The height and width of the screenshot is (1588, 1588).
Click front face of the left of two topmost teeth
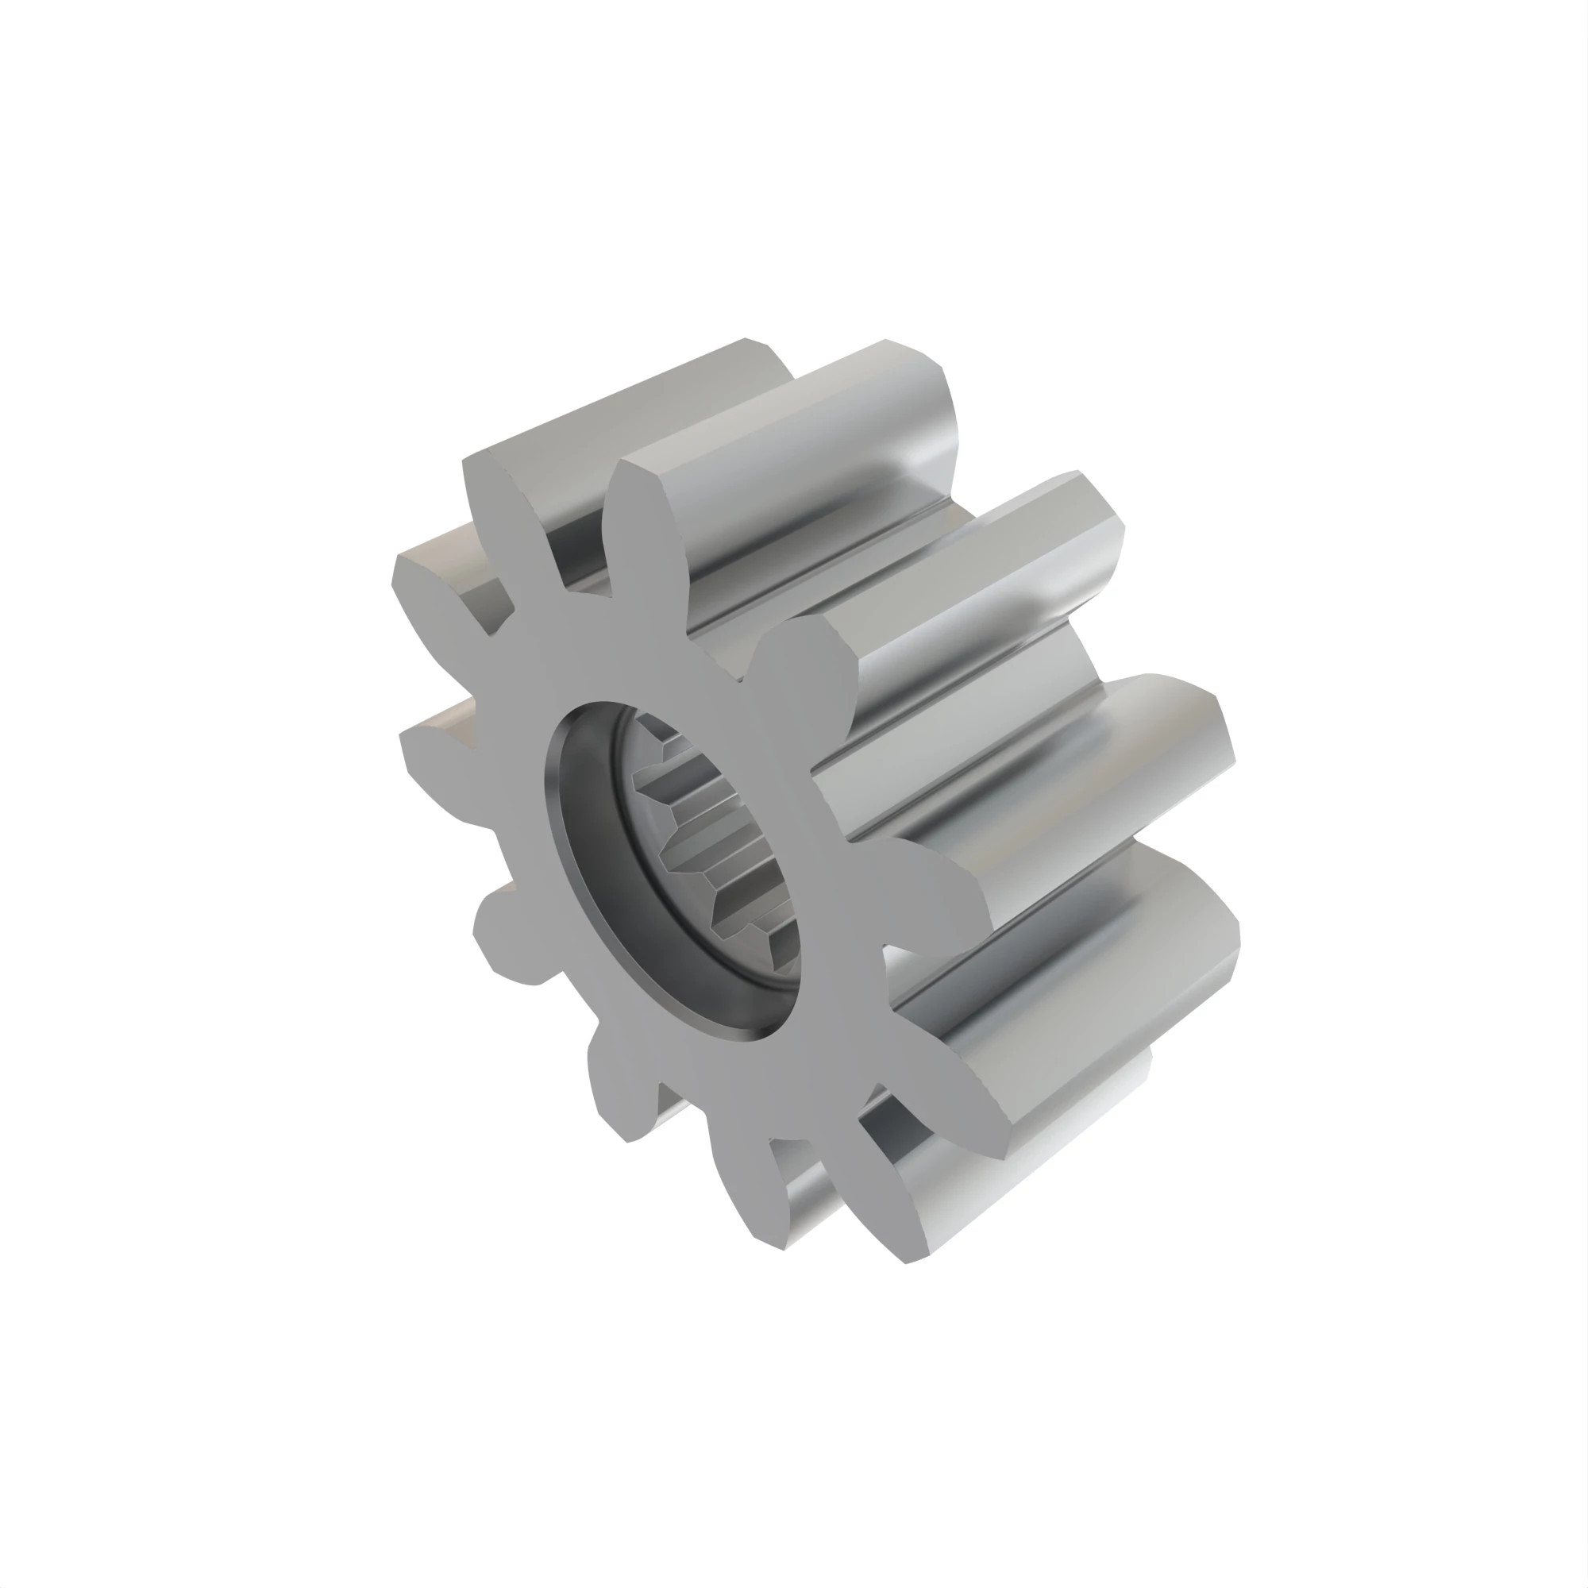coord(493,510)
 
